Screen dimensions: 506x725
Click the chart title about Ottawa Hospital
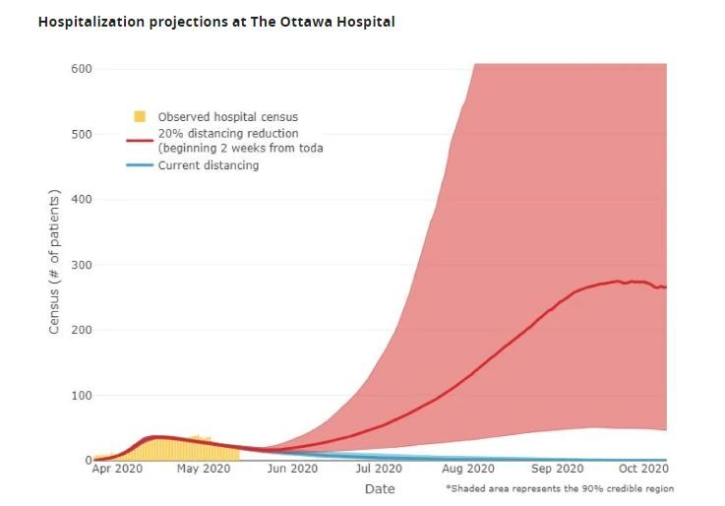tap(216, 21)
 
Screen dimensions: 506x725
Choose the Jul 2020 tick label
tap(379, 470)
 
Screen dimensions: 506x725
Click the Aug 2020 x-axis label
tap(468, 470)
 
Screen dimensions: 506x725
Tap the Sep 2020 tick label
tap(558, 470)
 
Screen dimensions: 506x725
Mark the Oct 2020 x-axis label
tap(644, 470)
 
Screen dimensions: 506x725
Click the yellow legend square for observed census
tap(140, 117)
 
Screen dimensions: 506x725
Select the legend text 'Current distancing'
tap(209, 165)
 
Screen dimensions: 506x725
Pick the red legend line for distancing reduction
tap(140, 139)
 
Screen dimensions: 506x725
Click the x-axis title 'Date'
tap(380, 488)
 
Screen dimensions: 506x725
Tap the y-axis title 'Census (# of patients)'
tap(55, 264)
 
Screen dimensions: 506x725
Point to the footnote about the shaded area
tap(560, 488)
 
